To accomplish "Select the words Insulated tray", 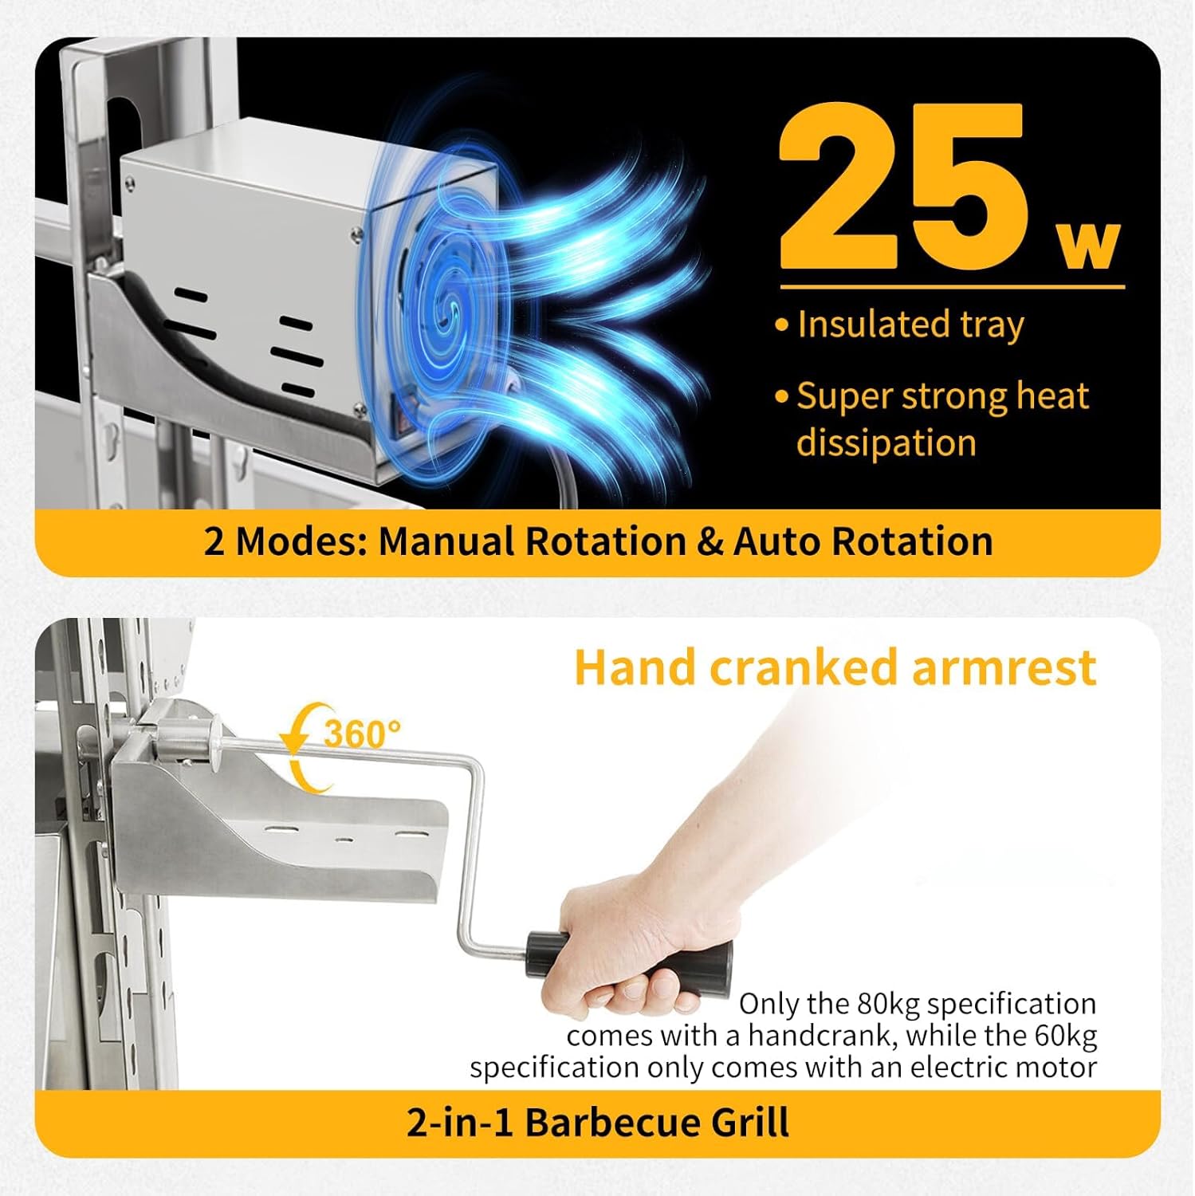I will tap(910, 325).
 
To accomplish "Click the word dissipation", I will tap(886, 443).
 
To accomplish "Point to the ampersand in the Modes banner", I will tap(710, 541).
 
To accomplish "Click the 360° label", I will tap(362, 733).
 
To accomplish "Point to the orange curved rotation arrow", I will tap(303, 749).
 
